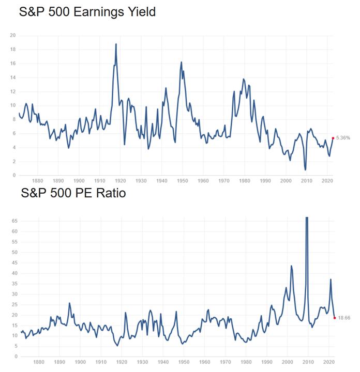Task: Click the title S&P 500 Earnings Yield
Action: click(87, 12)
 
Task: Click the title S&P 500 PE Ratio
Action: click(73, 193)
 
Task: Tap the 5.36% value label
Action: click(343, 138)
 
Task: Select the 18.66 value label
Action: click(344, 318)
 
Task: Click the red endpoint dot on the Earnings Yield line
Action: click(333, 138)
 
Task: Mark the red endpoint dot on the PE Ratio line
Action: click(335, 318)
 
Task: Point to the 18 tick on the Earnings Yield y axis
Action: click(13, 50)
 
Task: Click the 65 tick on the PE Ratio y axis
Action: click(14, 221)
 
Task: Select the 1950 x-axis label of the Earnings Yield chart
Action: click(183, 181)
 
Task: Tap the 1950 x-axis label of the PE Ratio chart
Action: click(184, 362)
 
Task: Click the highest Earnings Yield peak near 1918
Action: click(116, 44)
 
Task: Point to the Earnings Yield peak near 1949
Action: click(182, 62)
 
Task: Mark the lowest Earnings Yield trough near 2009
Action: click(305, 170)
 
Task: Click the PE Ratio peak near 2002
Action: click(291, 266)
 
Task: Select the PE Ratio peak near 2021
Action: click(331, 280)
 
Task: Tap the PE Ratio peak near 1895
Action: click(70, 303)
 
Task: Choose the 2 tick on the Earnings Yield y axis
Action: click(14, 162)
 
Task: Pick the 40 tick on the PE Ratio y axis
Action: click(14, 273)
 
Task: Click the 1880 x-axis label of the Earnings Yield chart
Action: click(38, 181)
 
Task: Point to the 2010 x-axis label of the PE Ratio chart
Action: click(308, 362)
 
